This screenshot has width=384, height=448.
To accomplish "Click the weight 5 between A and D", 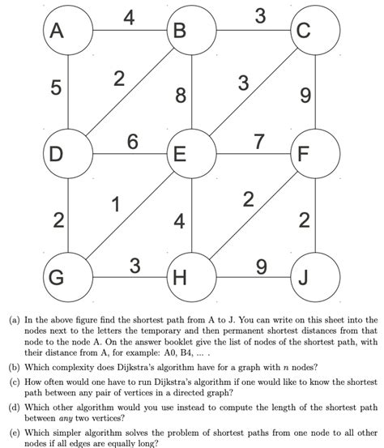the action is pyautogui.click(x=56, y=89).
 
